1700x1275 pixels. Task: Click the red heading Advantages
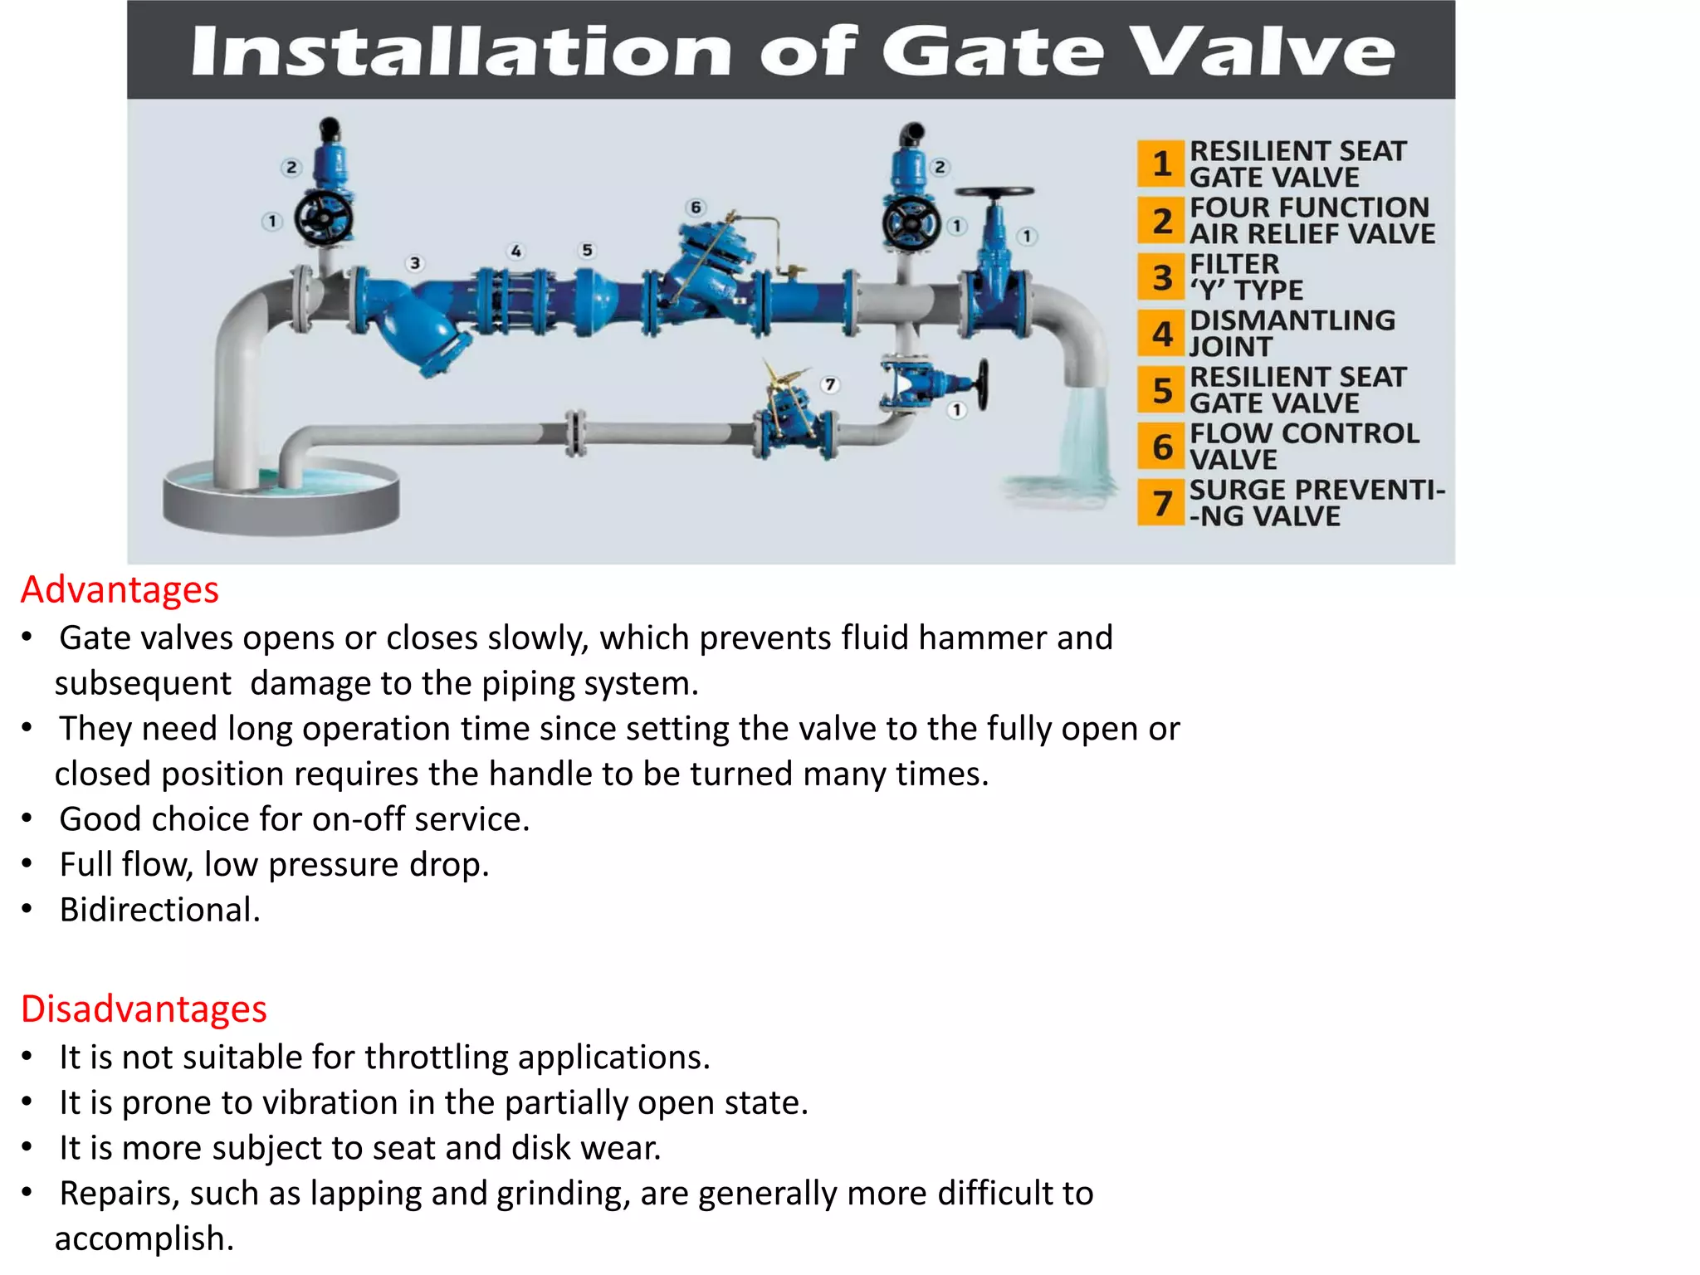coord(120,590)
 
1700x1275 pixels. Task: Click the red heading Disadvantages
coord(144,1009)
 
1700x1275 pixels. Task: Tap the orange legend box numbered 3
coord(1161,277)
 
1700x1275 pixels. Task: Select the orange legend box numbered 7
coord(1161,503)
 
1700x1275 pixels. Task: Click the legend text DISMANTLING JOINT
coord(1292,334)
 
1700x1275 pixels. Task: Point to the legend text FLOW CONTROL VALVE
coord(1303,447)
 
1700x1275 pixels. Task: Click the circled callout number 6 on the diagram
coord(696,208)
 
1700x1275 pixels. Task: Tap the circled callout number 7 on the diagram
coord(829,384)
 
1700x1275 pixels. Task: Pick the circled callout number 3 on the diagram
coord(415,264)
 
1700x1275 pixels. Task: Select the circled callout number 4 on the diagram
coord(516,251)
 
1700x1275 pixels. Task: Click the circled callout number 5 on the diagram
coord(587,250)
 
